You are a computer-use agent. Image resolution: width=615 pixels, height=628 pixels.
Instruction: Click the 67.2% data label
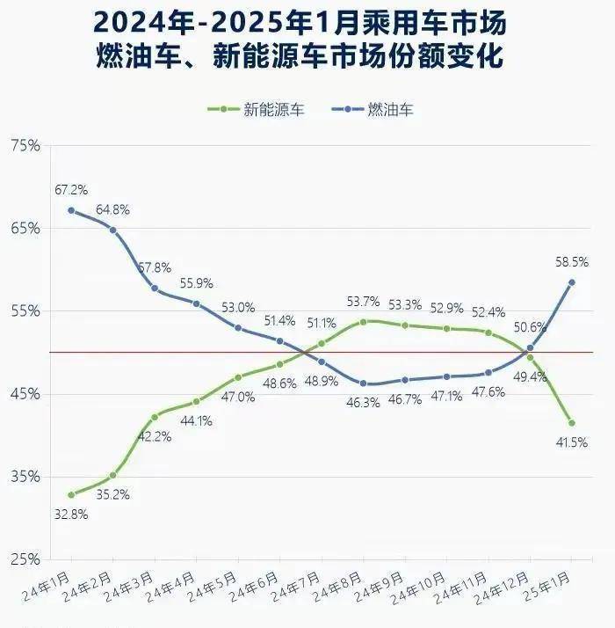[x=70, y=190]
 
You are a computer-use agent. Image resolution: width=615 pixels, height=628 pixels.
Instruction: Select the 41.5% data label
[x=571, y=442]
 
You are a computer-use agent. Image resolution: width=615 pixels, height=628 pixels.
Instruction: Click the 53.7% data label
[x=363, y=302]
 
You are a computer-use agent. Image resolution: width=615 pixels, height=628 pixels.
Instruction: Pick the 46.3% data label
[x=362, y=402]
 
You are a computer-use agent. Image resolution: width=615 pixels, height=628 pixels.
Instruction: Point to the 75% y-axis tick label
[x=25, y=146]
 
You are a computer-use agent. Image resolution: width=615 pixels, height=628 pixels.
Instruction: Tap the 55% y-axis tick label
[x=25, y=311]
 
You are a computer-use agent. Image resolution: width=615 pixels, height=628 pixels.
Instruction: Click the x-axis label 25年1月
[x=546, y=583]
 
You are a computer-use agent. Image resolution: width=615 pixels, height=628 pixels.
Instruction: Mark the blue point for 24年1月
[x=71, y=210]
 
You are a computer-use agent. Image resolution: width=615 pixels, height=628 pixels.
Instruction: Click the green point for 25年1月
[x=572, y=423]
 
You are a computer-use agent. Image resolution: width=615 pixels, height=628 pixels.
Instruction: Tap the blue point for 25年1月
[x=572, y=282]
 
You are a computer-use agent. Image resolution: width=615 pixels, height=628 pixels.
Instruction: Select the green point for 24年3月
[x=155, y=417]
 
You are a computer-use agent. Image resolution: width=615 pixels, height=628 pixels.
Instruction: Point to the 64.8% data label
[x=113, y=209]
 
